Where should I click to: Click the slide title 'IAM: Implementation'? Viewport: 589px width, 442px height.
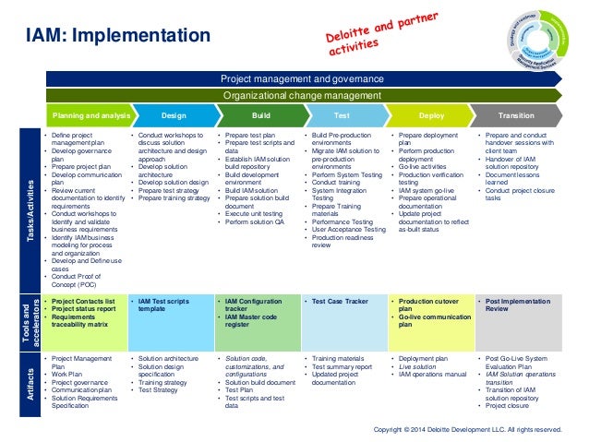117,36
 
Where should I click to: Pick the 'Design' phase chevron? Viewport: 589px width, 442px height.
174,117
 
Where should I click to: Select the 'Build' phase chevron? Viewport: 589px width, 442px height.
260,117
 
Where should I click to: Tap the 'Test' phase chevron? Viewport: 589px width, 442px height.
342,117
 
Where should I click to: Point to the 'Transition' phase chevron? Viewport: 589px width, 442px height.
516,117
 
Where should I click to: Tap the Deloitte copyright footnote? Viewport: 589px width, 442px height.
466,430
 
